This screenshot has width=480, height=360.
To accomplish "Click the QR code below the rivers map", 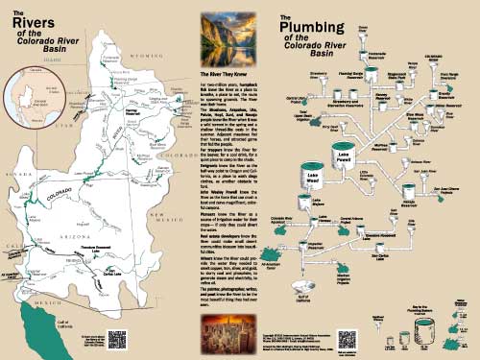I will tap(118, 338).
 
